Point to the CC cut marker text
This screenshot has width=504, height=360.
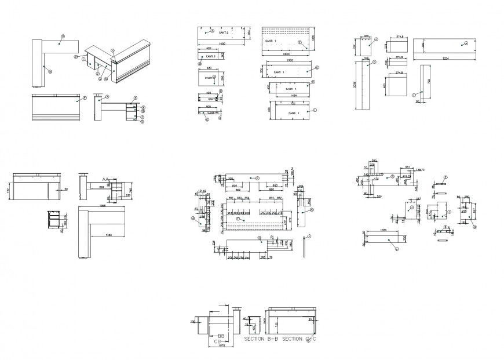click(x=218, y=341)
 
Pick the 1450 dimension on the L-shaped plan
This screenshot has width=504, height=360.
click(x=108, y=235)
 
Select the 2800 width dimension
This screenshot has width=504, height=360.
click(x=286, y=54)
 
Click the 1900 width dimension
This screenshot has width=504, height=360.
click(x=290, y=60)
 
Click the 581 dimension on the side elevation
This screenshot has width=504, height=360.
click(x=101, y=187)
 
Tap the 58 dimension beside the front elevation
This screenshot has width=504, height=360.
click(x=66, y=190)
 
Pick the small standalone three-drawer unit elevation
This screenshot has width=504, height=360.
click(x=53, y=221)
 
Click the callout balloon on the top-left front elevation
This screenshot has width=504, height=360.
click(x=85, y=99)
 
